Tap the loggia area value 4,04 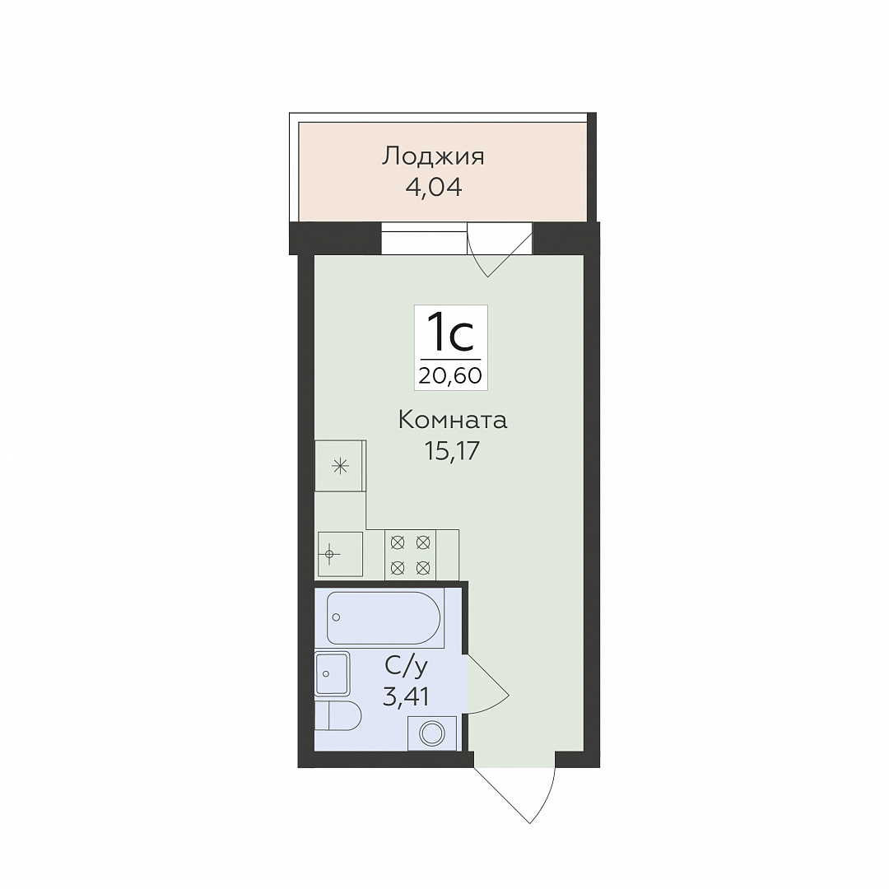[x=434, y=187]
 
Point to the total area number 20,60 [x=451, y=375]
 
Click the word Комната [x=453, y=421]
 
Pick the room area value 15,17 [x=453, y=451]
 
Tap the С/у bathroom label [x=405, y=668]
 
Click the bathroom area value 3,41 [x=406, y=696]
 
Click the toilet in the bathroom [x=337, y=716]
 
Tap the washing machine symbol [x=431, y=733]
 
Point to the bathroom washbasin [x=333, y=673]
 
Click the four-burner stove [x=410, y=555]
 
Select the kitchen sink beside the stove [x=340, y=554]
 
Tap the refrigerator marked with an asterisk [x=340, y=466]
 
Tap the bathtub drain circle [x=337, y=617]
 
